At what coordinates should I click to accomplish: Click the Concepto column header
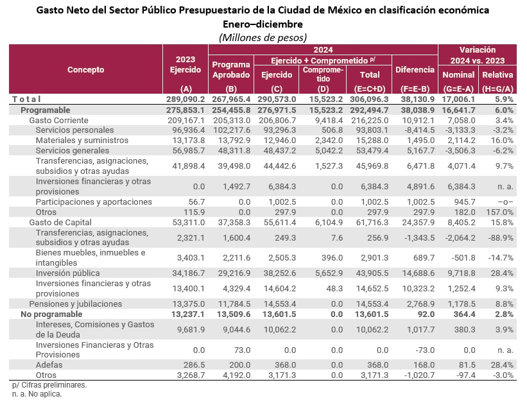[x=85, y=69]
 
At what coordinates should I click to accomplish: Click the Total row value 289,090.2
[x=184, y=99]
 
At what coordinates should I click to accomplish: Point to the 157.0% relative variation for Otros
[x=499, y=212]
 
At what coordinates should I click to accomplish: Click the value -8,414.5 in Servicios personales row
[x=415, y=130]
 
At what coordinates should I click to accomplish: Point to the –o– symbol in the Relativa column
[x=501, y=201]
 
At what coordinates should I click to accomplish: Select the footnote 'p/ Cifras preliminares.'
[x=49, y=385]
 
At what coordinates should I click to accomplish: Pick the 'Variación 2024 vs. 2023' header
[x=478, y=55]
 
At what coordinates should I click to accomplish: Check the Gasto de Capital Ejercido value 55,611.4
[x=277, y=222]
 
